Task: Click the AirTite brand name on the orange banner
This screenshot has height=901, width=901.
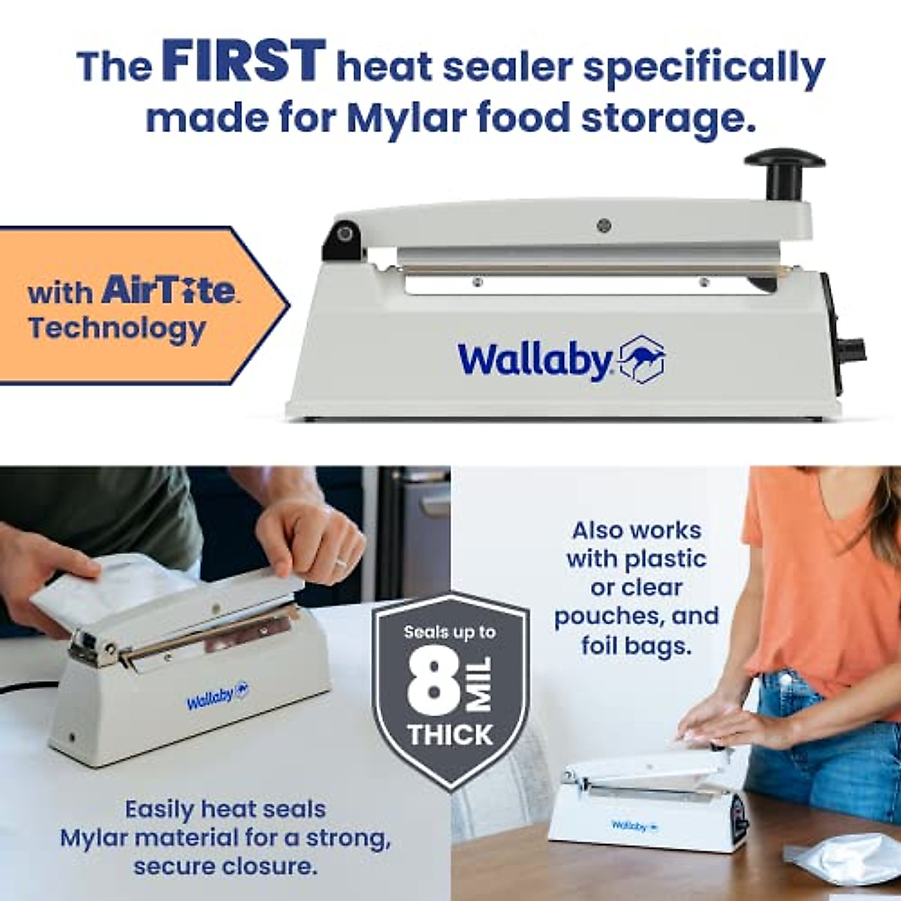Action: point(169,291)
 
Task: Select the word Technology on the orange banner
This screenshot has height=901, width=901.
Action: point(116,329)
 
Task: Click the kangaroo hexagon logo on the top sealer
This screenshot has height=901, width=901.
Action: point(641,360)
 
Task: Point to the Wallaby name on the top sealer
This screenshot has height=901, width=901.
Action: point(535,360)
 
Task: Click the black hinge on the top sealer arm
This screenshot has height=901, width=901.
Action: point(342,237)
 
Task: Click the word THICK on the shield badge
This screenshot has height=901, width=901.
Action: point(450,735)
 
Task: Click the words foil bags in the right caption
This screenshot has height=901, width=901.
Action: point(636,645)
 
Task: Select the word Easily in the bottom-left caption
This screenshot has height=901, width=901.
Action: point(159,809)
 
